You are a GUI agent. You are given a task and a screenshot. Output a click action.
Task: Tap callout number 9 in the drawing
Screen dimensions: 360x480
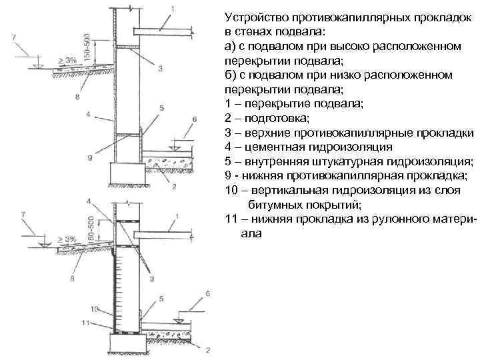89,158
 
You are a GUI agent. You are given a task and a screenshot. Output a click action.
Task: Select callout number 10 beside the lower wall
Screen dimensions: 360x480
94,309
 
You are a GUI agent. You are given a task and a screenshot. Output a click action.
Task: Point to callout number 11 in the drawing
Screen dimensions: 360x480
85,323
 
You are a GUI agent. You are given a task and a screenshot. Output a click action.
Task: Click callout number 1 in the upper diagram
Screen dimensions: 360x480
174,8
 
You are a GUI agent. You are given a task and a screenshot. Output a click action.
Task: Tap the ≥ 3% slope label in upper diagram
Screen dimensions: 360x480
67,60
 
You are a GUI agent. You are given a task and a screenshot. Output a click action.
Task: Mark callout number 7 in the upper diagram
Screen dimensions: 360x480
15,38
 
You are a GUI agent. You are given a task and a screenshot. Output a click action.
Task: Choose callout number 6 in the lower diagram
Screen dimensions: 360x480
207,293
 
